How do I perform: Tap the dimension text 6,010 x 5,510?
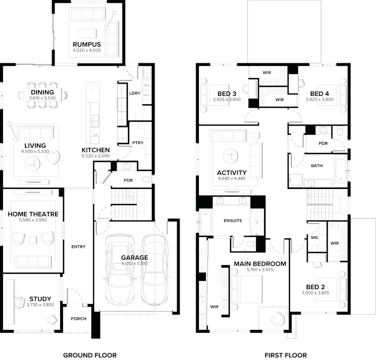(134, 264)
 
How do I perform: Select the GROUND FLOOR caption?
(90, 355)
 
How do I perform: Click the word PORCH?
(78, 319)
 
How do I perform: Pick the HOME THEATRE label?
(33, 214)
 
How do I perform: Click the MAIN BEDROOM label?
(260, 264)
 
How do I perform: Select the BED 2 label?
(315, 287)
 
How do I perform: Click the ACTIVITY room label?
(232, 172)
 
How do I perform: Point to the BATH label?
(316, 166)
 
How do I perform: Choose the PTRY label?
(138, 143)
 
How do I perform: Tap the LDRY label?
(134, 93)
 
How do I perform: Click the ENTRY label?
(78, 247)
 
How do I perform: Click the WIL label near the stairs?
(314, 237)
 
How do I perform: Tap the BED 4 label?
(319, 94)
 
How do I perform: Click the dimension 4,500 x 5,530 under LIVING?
(36, 152)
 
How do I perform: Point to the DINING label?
(42, 92)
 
